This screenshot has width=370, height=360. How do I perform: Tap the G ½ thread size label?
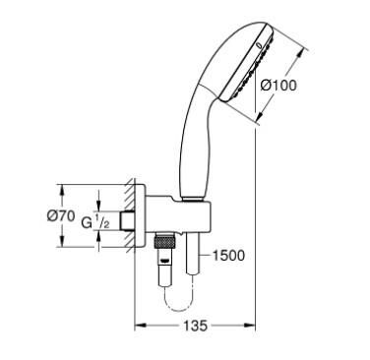tap(92, 225)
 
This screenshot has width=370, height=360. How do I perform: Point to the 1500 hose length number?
tap(227, 256)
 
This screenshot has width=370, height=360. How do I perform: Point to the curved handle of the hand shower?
tap(192, 148)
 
